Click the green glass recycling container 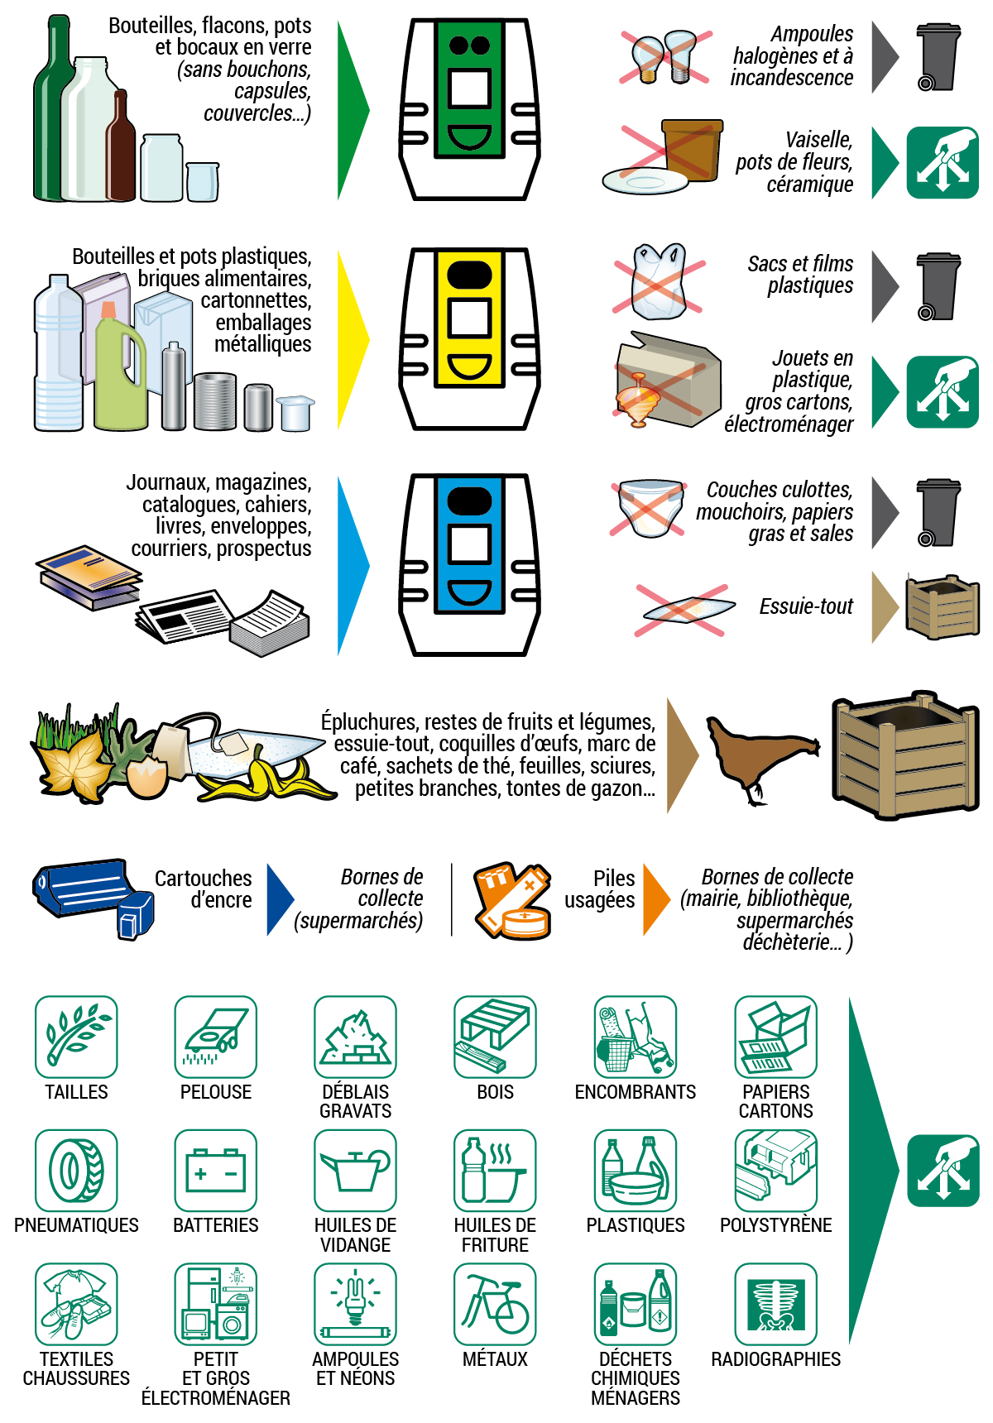coord(469,109)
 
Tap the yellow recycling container coord(469,339)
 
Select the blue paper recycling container coord(469,565)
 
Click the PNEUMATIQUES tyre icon coord(76,1171)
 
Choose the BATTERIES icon coord(216,1171)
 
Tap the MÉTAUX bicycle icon coord(495,1304)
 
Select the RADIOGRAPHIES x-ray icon coord(775,1304)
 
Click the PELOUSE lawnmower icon coord(216,1037)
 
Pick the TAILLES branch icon coord(76,1037)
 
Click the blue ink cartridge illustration coord(91,894)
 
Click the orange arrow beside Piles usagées coord(655,899)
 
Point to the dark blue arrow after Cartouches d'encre coord(279,899)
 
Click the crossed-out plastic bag coord(659,282)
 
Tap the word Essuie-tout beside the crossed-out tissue coord(806,606)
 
